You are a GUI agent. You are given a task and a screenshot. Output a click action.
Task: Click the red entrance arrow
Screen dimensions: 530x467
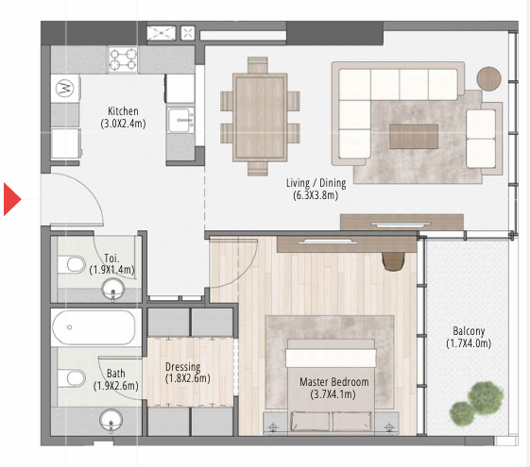(12, 199)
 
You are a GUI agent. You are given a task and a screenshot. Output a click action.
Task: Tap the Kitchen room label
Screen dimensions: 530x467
(123, 111)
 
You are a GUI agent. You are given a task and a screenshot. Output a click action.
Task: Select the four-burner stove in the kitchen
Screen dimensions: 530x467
(123, 59)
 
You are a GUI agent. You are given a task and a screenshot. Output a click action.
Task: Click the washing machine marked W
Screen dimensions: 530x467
(65, 89)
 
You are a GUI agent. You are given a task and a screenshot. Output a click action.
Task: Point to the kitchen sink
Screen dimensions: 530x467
(180, 120)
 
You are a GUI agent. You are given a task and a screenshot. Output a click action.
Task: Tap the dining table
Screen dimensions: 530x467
(260, 117)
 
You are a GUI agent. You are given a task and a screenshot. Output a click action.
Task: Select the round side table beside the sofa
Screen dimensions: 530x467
(488, 78)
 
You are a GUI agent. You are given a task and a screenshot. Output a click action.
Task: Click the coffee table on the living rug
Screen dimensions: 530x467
(414, 136)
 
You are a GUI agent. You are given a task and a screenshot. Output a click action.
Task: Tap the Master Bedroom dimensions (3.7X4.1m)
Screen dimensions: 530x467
(333, 394)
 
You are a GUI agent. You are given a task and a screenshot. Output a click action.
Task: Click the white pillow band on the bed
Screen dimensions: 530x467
(331, 358)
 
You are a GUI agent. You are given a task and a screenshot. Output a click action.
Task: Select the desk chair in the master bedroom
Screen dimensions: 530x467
(394, 261)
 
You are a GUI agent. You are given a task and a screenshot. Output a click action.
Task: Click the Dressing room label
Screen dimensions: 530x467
(183, 366)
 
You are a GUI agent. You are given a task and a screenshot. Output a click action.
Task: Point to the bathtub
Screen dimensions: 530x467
(94, 327)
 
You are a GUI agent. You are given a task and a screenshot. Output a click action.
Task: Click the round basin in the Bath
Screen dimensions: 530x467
(111, 420)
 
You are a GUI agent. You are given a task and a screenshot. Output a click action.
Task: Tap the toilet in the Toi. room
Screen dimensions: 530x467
(72, 264)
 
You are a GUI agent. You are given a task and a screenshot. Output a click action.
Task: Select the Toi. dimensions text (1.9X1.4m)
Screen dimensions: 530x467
(111, 270)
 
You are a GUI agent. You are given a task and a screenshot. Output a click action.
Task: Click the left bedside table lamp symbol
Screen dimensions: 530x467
(273, 427)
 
